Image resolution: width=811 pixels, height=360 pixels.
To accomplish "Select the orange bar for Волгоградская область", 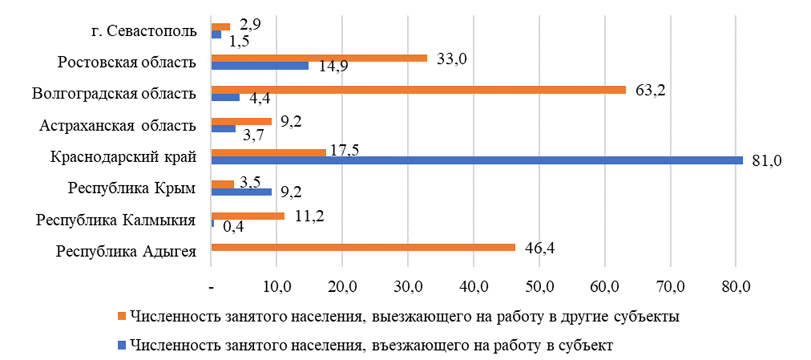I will tap(418, 90).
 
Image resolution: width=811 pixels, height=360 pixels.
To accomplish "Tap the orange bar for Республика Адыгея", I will tap(363, 248).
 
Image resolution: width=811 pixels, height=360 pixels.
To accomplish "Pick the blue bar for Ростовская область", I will tap(260, 66).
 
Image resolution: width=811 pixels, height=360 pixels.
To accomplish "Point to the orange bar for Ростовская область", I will tap(319, 58).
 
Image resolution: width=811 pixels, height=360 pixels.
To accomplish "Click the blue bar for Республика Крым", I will tap(242, 192).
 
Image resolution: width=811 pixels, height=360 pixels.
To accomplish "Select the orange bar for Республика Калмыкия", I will tap(248, 216).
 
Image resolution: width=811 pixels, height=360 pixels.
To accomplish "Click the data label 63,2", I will tap(650, 90).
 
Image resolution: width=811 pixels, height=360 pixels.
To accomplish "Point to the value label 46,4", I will tap(540, 247).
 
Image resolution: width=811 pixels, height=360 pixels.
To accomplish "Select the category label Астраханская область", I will tap(118, 126).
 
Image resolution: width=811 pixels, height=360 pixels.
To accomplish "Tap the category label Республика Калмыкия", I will tap(116, 220).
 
